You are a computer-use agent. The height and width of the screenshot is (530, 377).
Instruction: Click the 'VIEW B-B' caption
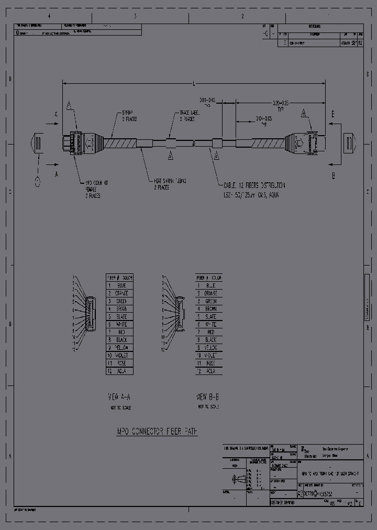click(208, 396)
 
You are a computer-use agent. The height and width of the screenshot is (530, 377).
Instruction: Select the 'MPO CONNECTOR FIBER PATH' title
click(157, 432)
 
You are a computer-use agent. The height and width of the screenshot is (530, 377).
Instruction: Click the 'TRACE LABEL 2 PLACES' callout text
click(187, 115)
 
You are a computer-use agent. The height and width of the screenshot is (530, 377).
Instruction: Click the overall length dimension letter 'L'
click(194, 83)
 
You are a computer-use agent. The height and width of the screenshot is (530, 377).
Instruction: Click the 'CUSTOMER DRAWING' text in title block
click(283, 502)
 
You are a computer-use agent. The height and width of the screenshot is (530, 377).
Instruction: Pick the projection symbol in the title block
click(238, 479)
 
